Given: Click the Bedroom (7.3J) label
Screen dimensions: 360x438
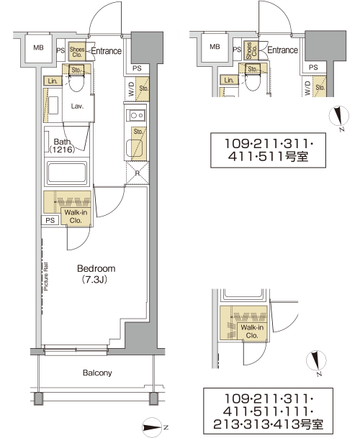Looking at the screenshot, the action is [x=96, y=274].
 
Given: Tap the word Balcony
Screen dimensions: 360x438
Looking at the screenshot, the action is [x=97, y=373].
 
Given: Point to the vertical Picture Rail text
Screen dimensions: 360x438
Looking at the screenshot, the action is [x=46, y=276].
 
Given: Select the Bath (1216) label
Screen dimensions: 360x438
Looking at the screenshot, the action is [x=62, y=145].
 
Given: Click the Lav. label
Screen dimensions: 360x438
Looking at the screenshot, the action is [x=77, y=106].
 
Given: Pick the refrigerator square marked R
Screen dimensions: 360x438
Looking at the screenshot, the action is [x=138, y=173].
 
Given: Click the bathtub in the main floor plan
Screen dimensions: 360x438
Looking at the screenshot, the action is [x=66, y=173].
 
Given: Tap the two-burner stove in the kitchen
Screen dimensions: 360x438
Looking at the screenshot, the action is [x=135, y=115].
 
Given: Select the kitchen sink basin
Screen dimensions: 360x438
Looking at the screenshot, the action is [x=134, y=148].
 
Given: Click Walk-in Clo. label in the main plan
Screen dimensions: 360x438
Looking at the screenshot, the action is [x=76, y=216].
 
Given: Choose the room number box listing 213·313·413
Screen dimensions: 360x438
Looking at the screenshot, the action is [x=268, y=411].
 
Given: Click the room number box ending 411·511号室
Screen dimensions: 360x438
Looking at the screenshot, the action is [x=268, y=150].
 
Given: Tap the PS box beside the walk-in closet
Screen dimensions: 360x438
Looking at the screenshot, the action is [x=50, y=220].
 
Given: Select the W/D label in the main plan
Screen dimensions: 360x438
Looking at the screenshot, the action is [x=131, y=89].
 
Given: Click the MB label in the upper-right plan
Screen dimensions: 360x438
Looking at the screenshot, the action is [x=215, y=47].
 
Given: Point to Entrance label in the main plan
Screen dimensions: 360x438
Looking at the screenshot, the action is [x=107, y=51].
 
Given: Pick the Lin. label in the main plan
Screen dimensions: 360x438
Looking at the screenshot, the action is [x=53, y=81].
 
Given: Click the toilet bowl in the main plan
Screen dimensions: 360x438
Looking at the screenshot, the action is [x=76, y=83].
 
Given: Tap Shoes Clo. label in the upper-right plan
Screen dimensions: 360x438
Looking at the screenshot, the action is [x=251, y=50].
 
